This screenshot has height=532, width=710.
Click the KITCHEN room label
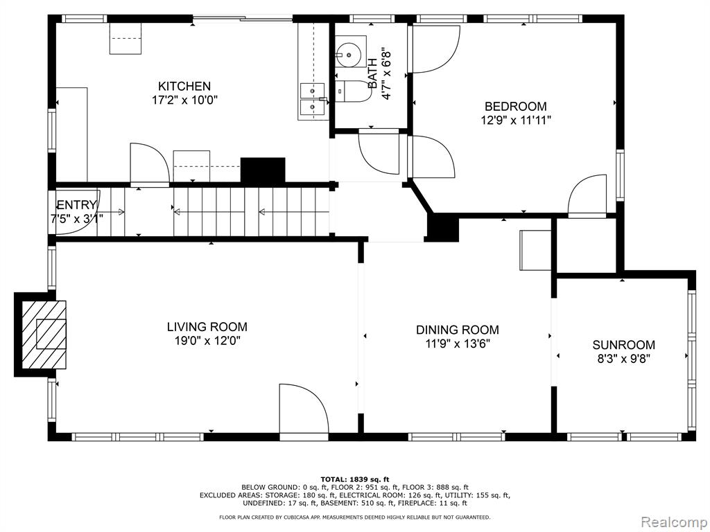184,86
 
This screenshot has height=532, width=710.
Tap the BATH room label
372,73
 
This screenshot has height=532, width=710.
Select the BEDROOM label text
516,106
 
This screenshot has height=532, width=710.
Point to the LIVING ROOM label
207,327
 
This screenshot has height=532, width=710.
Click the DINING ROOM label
458,330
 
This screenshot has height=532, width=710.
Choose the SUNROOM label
623,345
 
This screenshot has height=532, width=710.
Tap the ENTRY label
76,205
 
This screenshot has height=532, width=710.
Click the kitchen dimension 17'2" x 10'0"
184,100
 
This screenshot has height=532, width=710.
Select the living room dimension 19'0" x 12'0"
207,341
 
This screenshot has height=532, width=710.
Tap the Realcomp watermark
673,522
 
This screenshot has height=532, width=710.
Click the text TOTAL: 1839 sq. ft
355,479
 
